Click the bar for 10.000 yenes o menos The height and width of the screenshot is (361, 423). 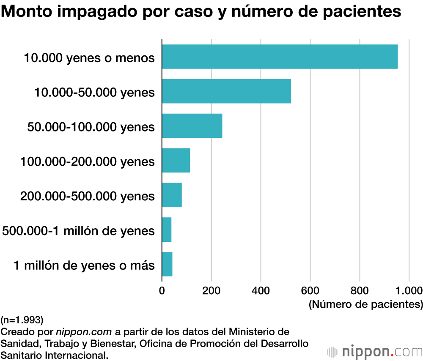click(280, 57)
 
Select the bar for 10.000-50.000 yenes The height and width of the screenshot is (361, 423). click(226, 91)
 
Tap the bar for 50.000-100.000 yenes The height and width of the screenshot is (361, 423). click(192, 126)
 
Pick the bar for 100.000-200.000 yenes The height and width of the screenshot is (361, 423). click(176, 160)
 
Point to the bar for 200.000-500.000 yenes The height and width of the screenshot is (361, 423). click(172, 195)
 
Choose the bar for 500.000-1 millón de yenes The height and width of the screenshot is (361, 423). click(167, 230)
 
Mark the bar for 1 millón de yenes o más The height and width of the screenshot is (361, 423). click(167, 264)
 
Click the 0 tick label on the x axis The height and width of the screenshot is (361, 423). click(162, 290)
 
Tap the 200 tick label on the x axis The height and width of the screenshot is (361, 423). click(211, 290)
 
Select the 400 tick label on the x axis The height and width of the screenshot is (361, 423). click(261, 290)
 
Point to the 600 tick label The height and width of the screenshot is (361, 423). click(310, 290)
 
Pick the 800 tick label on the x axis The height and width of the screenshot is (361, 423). click(360, 290)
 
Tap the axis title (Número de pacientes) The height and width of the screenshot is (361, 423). click(366, 304)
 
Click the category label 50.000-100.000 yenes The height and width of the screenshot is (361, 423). click(91, 126)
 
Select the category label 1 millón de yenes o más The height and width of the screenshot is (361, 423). click(84, 265)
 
